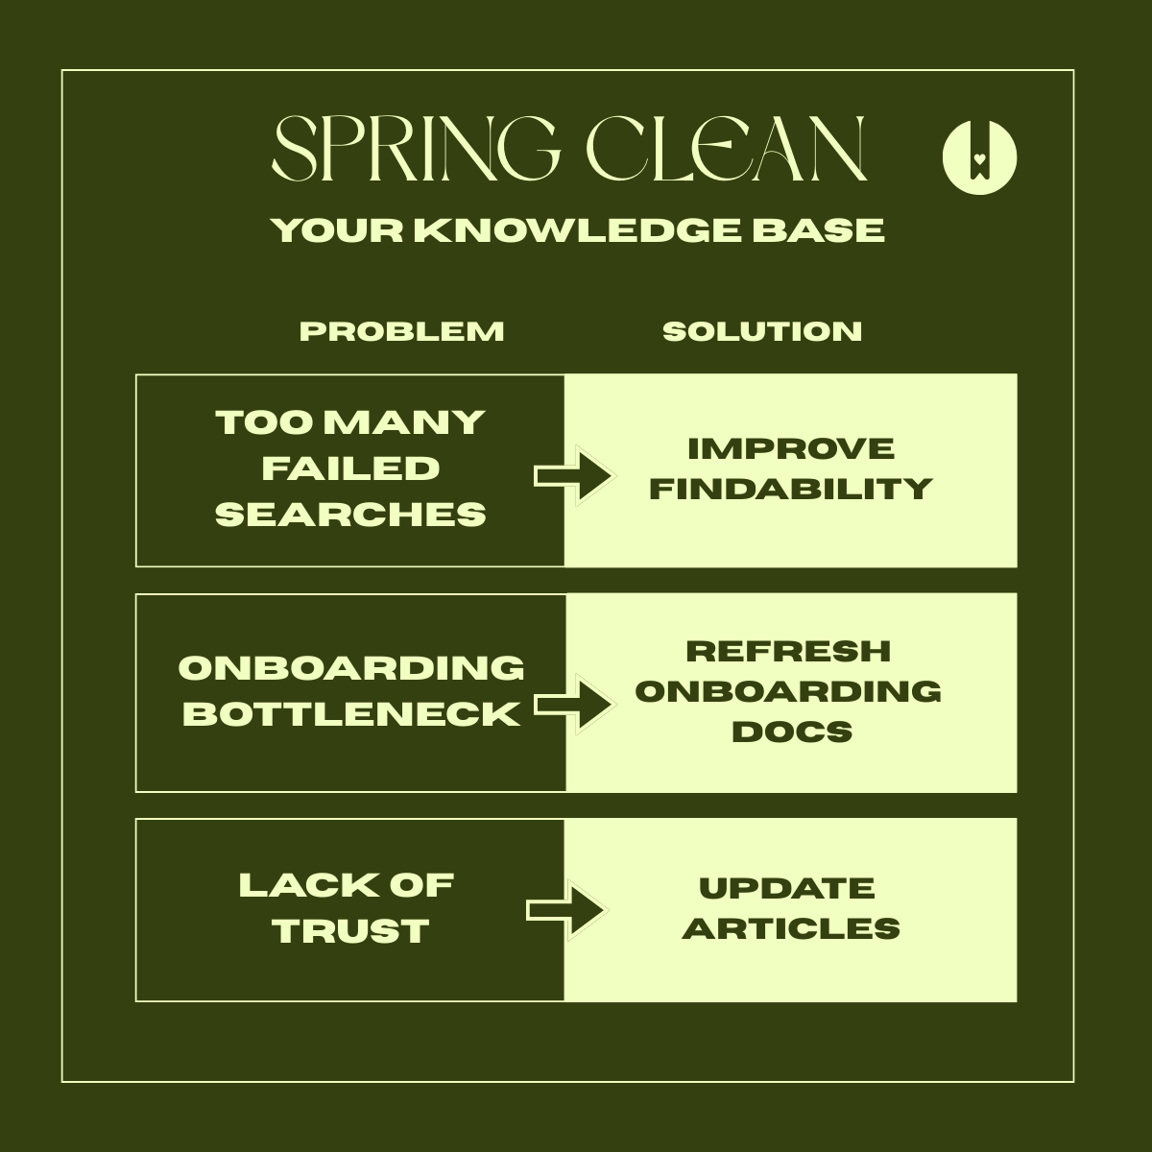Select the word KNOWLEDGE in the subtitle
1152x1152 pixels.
(577, 230)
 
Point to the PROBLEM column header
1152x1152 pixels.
(401, 331)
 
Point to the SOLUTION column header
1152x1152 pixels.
(762, 331)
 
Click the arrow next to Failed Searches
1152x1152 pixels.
(572, 474)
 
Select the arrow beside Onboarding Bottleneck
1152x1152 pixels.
(573, 706)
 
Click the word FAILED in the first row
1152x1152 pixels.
(350, 468)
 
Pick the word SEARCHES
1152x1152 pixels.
(350, 515)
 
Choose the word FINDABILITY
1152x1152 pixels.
(791, 489)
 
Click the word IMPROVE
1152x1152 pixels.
(791, 448)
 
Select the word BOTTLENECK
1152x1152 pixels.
(351, 714)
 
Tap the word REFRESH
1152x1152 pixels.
(788, 651)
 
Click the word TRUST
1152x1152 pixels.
(350, 930)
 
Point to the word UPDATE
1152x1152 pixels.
(787, 888)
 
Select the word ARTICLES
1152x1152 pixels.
(791, 928)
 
